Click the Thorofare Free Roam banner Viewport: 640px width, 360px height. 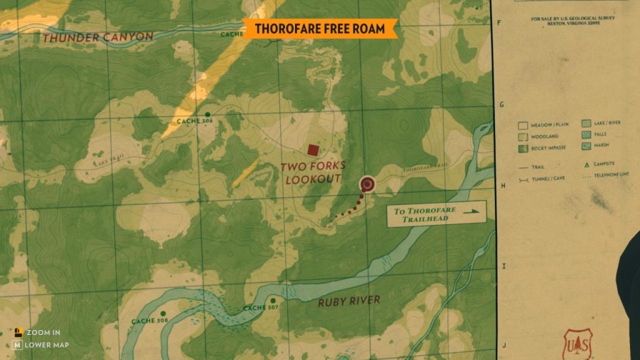pos(319,28)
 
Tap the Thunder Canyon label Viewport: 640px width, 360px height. pos(97,37)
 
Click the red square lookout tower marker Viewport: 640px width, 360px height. pos(312,149)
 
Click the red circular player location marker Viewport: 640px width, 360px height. pos(367,184)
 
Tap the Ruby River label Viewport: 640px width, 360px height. pos(348,301)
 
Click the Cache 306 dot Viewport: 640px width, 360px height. pos(207,114)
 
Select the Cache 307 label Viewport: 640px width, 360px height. pos(259,307)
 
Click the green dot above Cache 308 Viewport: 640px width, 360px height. pos(163,313)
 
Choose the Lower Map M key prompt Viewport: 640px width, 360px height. pos(18,344)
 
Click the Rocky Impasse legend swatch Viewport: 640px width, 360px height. pos(524,148)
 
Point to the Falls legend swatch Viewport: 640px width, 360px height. pos(586,135)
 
